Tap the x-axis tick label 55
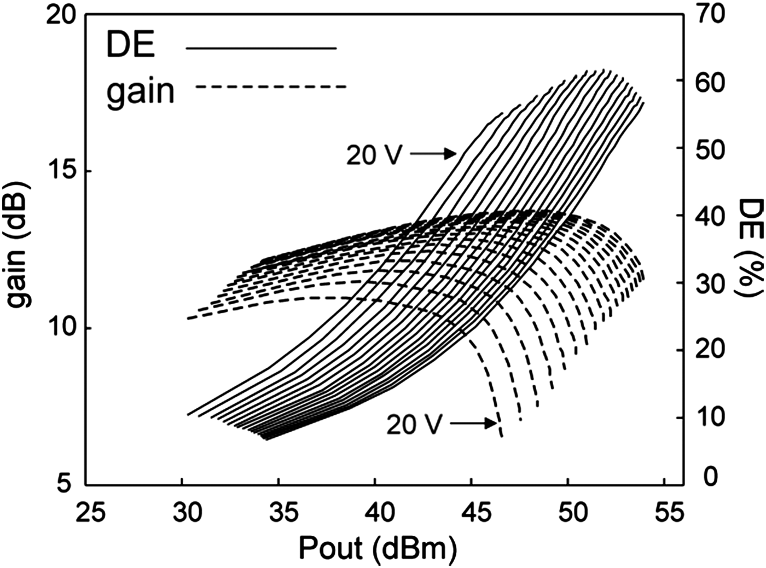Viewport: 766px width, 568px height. pyautogui.click(x=668, y=513)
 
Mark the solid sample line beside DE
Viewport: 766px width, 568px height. pyautogui.click(x=262, y=49)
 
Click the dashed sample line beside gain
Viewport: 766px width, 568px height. pyautogui.click(x=271, y=86)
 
